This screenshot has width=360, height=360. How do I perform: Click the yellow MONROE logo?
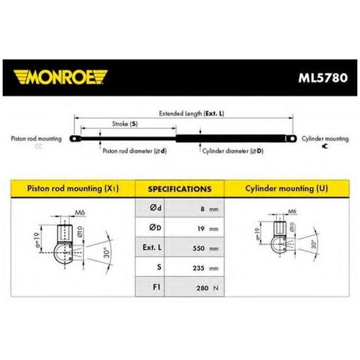(60, 77)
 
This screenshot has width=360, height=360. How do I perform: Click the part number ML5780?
(323, 78)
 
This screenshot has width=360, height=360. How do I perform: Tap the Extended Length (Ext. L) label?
(192, 113)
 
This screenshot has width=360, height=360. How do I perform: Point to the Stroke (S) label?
(125, 124)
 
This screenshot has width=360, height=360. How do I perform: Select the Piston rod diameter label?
(134, 151)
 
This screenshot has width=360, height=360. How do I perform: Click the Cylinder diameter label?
(233, 151)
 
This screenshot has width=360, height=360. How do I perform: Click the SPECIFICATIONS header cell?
(180, 189)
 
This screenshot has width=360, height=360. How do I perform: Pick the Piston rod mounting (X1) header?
(73, 188)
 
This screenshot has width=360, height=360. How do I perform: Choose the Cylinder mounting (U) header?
(287, 188)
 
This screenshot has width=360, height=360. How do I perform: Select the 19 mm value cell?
(194, 228)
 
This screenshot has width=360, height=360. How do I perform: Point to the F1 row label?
(157, 287)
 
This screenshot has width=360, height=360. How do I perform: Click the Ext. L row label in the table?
(152, 247)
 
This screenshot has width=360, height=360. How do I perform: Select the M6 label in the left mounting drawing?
(80, 213)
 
